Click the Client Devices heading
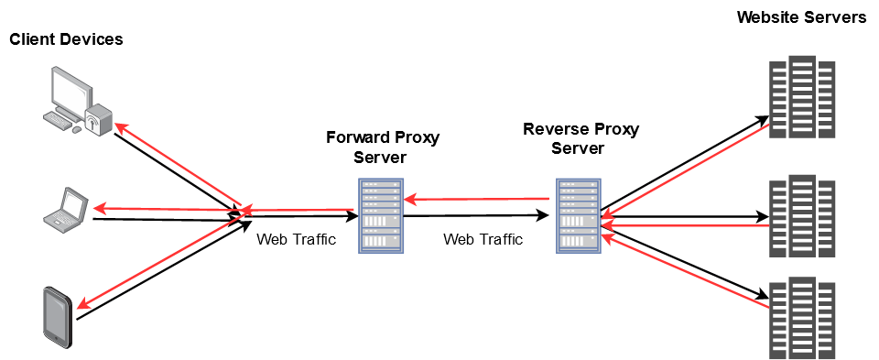(66, 39)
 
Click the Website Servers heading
(801, 17)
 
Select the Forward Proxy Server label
(383, 147)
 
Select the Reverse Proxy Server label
(581, 138)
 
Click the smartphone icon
(58, 316)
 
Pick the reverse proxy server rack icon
(579, 216)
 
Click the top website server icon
(801, 97)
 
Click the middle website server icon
(801, 215)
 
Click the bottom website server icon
(801, 317)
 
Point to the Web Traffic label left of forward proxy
(296, 240)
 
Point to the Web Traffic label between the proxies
(483, 240)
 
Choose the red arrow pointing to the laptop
(165, 209)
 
